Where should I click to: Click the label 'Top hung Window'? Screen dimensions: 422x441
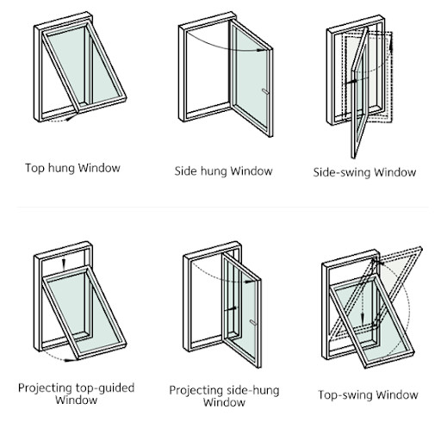(x=72, y=167)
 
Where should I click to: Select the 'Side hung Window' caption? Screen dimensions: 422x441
(x=223, y=171)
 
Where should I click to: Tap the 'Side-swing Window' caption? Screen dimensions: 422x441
(x=364, y=172)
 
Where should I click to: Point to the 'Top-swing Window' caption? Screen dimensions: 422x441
(x=368, y=395)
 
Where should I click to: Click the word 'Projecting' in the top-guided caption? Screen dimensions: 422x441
(x=46, y=388)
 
